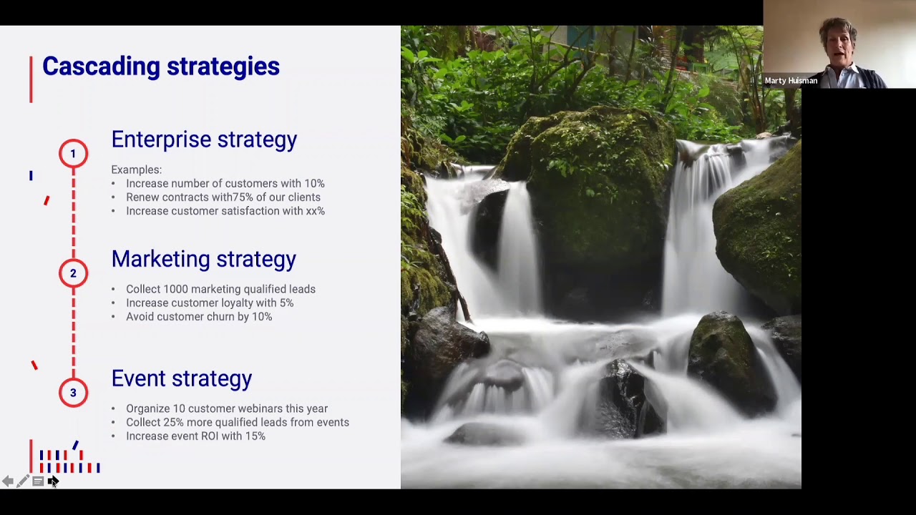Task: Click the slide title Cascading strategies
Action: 160,67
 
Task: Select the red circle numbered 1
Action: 73,154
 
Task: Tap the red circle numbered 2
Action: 73,273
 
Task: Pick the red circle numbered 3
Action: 73,393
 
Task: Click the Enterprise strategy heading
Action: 204,139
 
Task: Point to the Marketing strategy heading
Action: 203,259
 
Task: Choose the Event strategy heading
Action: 182,378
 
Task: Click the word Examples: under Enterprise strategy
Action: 136,170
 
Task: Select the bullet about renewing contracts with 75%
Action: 223,197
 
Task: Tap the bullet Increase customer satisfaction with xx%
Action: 225,211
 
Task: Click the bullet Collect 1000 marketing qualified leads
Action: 220,289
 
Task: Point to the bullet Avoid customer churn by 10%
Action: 199,317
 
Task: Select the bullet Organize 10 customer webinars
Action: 226,408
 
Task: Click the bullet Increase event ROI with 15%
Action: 195,436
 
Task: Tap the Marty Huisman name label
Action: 791,81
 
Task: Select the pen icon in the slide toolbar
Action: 23,481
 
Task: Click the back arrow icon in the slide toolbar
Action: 7,481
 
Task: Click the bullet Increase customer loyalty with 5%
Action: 209,303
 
